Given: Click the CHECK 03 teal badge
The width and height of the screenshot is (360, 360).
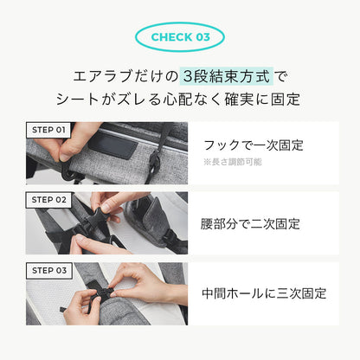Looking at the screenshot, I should click(x=180, y=37).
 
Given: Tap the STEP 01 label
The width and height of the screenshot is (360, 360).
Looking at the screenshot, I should click(x=48, y=130).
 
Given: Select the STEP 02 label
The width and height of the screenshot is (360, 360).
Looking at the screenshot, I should click(x=48, y=199).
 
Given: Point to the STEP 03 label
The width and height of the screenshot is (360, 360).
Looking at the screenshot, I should click(x=48, y=270).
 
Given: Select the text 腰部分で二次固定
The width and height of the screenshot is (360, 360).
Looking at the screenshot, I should click(x=251, y=223).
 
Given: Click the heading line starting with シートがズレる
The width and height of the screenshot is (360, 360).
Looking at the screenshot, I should click(x=179, y=100).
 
